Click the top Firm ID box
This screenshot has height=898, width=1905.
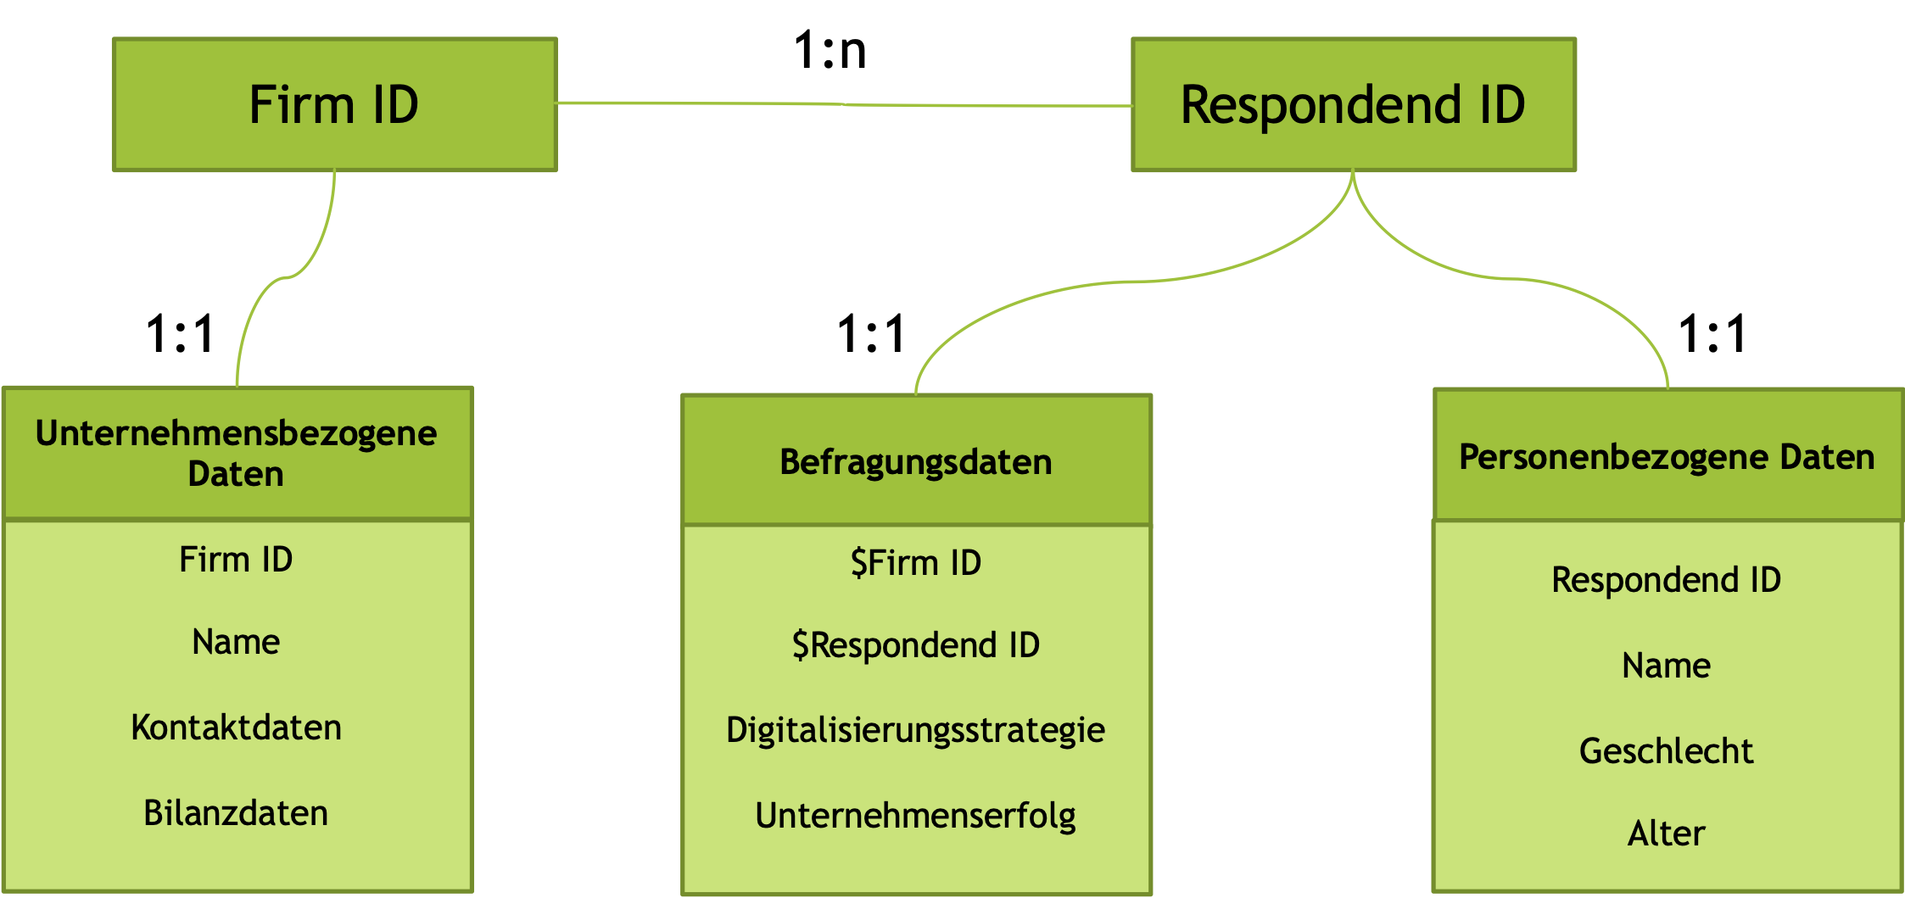[x=334, y=104]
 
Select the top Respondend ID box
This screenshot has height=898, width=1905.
[x=1353, y=104]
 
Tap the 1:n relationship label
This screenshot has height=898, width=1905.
[x=830, y=50]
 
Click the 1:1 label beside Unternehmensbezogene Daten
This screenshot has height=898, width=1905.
[x=180, y=333]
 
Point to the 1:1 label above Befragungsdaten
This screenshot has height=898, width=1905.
[x=871, y=333]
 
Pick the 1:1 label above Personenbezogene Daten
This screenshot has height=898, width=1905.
[x=1712, y=333]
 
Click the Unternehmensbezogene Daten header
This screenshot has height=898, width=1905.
[x=237, y=454]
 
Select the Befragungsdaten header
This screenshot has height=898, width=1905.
[x=916, y=462]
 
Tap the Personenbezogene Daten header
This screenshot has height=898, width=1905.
[x=1667, y=457]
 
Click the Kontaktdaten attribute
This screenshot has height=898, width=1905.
[x=237, y=728]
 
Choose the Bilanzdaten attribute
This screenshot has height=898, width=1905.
[x=236, y=813]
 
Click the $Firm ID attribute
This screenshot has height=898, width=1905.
[x=916, y=563]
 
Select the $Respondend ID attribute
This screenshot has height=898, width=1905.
[x=916, y=645]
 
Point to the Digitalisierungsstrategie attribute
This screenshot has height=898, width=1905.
[x=916, y=731]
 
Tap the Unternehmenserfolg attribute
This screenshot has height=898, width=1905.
[x=916, y=816]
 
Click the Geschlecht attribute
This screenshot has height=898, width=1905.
[x=1666, y=751]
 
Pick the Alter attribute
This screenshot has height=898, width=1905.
[x=1666, y=834]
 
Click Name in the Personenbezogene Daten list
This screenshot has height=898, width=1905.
[x=1666, y=666]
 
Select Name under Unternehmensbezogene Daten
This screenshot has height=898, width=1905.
[x=236, y=642]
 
